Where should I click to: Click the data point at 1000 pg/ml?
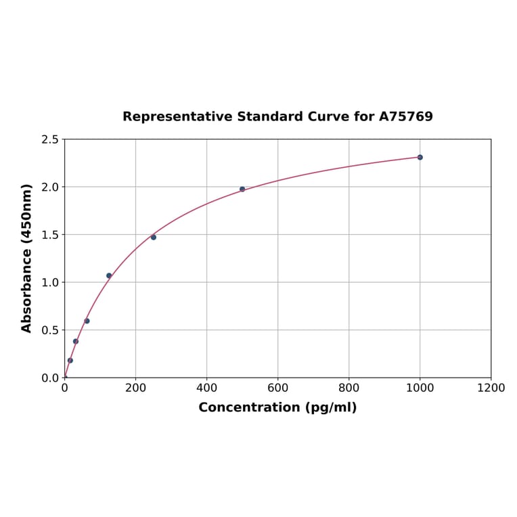[420, 157]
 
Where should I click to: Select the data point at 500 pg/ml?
[242, 189]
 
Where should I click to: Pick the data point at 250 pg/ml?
[154, 237]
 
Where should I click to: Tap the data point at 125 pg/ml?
[109, 275]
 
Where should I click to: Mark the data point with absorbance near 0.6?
[87, 321]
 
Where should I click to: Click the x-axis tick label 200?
[135, 388]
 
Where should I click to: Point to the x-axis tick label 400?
[206, 388]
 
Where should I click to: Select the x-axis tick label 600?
[277, 388]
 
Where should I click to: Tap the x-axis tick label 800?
[349, 388]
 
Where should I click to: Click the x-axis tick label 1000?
[420, 388]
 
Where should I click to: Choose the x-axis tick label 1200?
[491, 388]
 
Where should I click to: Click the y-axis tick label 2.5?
[50, 139]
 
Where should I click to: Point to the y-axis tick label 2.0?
[50, 187]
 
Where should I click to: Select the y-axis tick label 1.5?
[50, 235]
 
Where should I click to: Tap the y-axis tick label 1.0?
[50, 282]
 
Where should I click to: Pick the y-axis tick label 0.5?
[50, 330]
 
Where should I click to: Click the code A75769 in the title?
[405, 117]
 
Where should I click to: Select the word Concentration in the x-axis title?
[249, 407]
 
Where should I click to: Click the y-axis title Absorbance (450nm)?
[27, 258]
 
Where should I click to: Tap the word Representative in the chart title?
[177, 117]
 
